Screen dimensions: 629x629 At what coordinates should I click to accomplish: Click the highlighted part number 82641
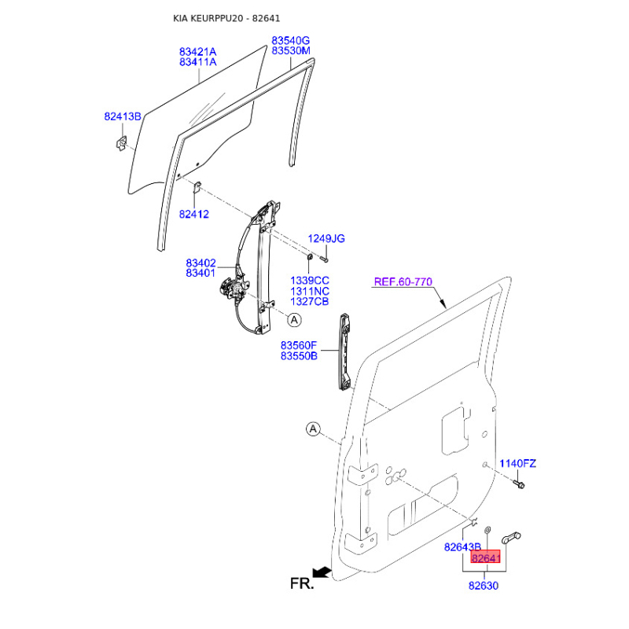click(x=485, y=558)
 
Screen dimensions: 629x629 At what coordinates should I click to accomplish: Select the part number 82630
click(x=484, y=586)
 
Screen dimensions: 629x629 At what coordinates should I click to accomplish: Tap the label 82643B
click(x=462, y=546)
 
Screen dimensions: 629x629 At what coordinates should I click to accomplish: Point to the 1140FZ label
click(x=517, y=463)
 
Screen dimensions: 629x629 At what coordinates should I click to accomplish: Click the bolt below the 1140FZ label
click(x=519, y=484)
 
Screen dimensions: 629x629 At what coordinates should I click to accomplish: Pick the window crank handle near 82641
click(x=511, y=538)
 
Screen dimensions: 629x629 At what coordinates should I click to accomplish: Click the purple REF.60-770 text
click(x=403, y=281)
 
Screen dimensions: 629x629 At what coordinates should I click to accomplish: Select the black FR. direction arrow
click(x=322, y=572)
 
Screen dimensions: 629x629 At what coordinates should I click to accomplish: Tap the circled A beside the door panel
click(x=313, y=429)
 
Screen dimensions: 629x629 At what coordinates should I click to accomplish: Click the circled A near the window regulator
click(x=294, y=320)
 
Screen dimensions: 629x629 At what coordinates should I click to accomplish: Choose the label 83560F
click(x=299, y=345)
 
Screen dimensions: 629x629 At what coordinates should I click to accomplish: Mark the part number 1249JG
click(x=326, y=239)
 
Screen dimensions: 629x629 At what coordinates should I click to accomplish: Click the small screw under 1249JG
click(x=325, y=259)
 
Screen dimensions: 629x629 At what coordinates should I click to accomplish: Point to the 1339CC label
click(x=310, y=281)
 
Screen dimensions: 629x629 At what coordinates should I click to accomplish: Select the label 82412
click(x=193, y=214)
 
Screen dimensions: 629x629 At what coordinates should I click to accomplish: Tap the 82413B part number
click(x=123, y=116)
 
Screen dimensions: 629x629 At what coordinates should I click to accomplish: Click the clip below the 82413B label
click(x=121, y=143)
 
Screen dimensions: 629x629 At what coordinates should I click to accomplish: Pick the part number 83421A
click(x=198, y=52)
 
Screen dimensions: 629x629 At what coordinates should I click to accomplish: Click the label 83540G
click(x=291, y=41)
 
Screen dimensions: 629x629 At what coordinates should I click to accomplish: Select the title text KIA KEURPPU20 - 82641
click(x=226, y=18)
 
